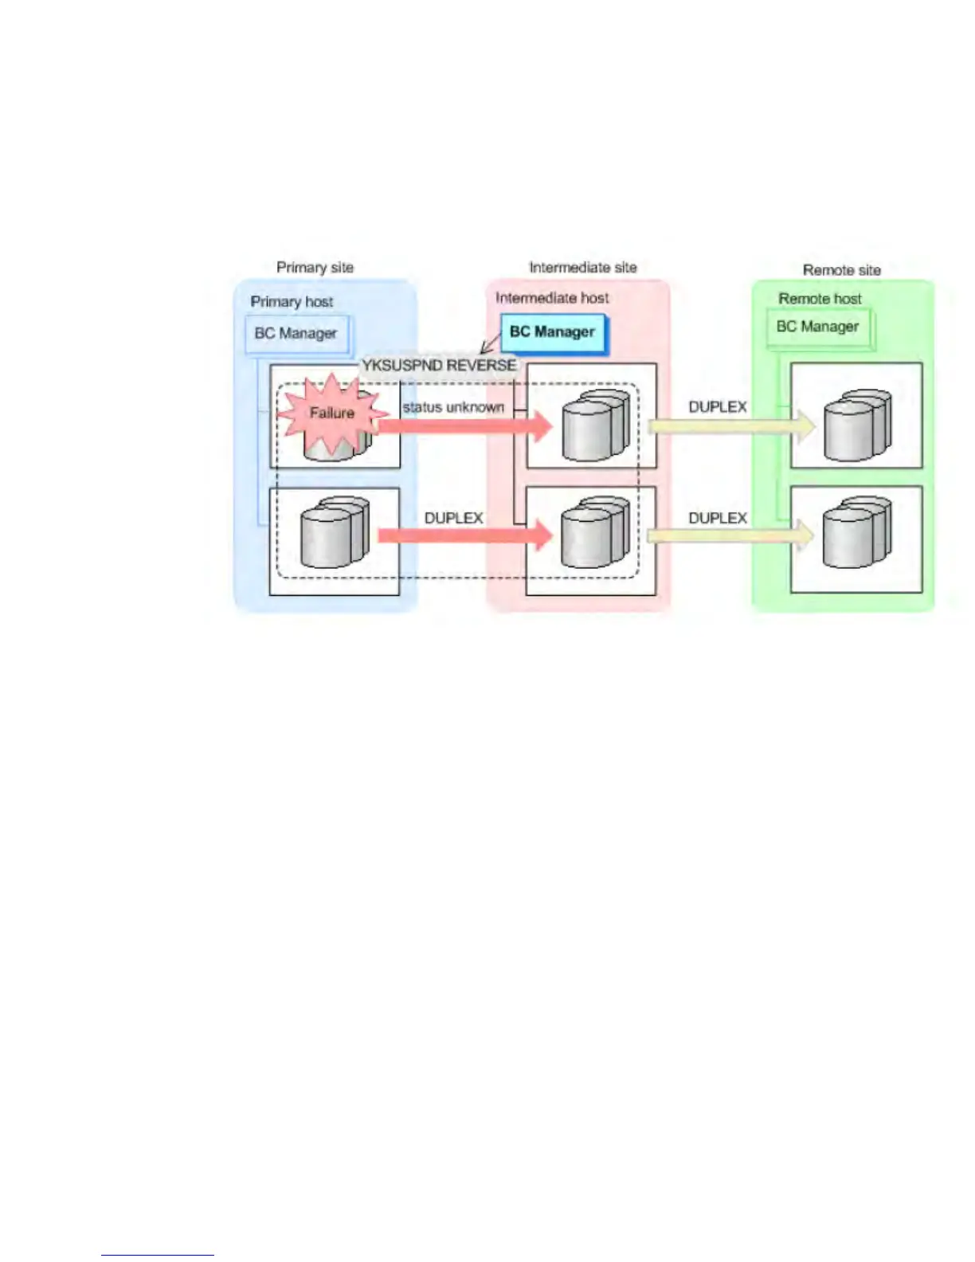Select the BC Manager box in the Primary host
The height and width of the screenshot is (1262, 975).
pyautogui.click(x=296, y=334)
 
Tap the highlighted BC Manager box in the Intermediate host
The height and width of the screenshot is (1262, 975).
pyautogui.click(x=553, y=332)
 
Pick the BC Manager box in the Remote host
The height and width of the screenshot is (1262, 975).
pyautogui.click(x=818, y=327)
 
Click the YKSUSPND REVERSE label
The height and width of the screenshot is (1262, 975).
pyautogui.click(x=439, y=366)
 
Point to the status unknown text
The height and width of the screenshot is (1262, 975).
pyautogui.click(x=453, y=407)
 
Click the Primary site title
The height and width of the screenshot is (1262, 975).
pyautogui.click(x=315, y=268)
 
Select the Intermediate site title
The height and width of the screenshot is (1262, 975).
pyautogui.click(x=583, y=268)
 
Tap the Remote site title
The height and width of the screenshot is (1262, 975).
pyautogui.click(x=842, y=270)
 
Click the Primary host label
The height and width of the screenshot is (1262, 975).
pyautogui.click(x=292, y=302)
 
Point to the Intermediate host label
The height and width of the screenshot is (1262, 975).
pyautogui.click(x=552, y=298)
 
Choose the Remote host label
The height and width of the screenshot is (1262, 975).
pyautogui.click(x=820, y=299)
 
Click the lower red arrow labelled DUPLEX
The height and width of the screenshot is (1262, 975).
pyautogui.click(x=465, y=535)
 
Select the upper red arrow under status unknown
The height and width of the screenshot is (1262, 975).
pyautogui.click(x=465, y=426)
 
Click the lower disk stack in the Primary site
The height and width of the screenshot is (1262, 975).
pyautogui.click(x=335, y=532)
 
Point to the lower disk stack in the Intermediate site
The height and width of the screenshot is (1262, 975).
pyautogui.click(x=594, y=532)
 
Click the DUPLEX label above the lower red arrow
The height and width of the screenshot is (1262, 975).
pyautogui.click(x=453, y=518)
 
